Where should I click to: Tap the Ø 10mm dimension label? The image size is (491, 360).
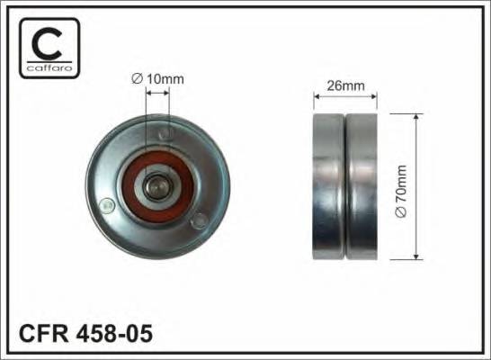157,78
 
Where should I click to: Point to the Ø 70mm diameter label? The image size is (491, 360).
401,187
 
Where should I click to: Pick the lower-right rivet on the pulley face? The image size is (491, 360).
200,219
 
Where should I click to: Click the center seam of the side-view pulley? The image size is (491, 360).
344,187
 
